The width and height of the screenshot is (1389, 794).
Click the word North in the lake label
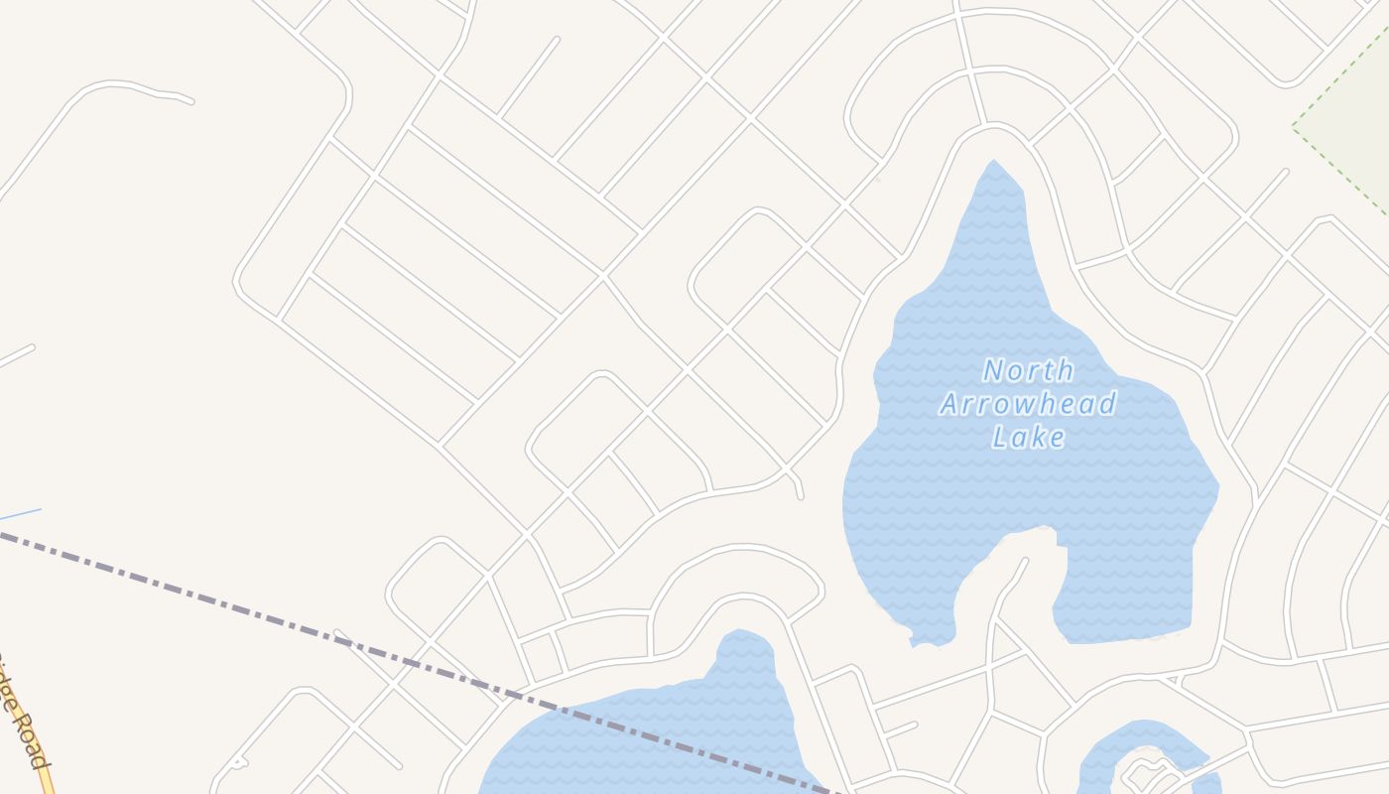point(1028,371)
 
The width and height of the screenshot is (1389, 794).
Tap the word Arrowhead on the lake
point(1028,404)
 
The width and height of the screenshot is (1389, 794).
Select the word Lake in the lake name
point(1028,437)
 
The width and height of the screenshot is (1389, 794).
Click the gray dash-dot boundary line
point(298,625)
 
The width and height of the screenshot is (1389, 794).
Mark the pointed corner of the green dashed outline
point(1294,127)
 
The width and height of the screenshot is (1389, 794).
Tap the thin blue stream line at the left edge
point(20,514)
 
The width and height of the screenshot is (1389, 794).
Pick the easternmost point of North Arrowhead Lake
point(1217,487)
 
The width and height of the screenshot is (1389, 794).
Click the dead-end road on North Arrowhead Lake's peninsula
point(1025,562)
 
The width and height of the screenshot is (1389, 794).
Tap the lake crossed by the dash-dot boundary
point(645,734)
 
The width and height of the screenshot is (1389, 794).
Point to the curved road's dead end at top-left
point(190,100)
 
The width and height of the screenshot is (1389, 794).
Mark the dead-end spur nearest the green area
point(1285,173)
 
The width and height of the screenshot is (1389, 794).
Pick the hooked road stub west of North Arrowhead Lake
point(800,493)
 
